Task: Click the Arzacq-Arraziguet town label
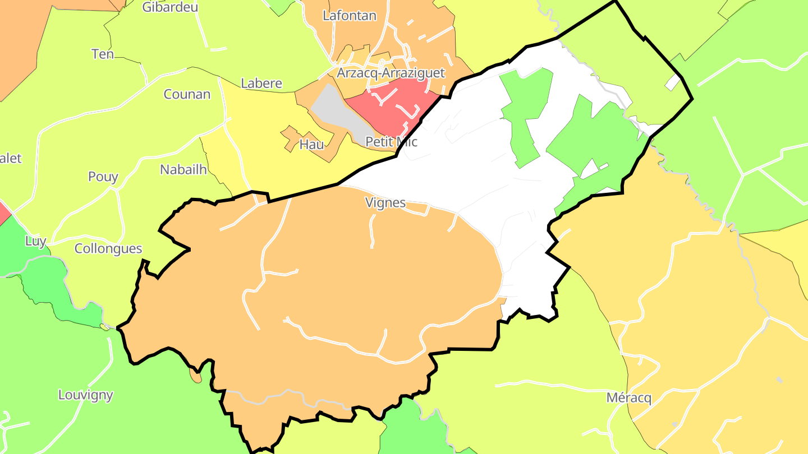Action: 391,73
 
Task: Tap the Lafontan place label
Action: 349,16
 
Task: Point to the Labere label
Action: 261,84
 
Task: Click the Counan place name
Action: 187,94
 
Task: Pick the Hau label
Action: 311,145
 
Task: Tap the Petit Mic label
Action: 391,142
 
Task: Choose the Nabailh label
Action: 183,170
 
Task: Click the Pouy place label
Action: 103,177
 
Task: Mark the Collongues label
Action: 108,249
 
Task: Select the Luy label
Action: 36,242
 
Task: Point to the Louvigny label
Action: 86,395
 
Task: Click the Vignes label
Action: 385,203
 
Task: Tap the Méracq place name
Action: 629,399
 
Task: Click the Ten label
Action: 103,54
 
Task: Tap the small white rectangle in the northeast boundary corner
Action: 672,83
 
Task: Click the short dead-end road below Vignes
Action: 371,230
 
